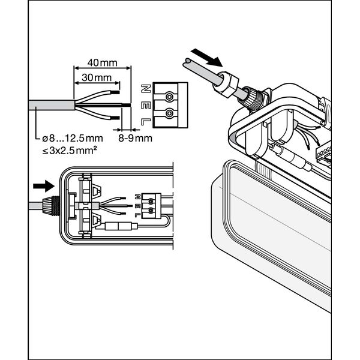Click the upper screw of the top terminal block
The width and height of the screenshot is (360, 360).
[171, 96]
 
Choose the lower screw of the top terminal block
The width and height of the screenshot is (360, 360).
[171, 113]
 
